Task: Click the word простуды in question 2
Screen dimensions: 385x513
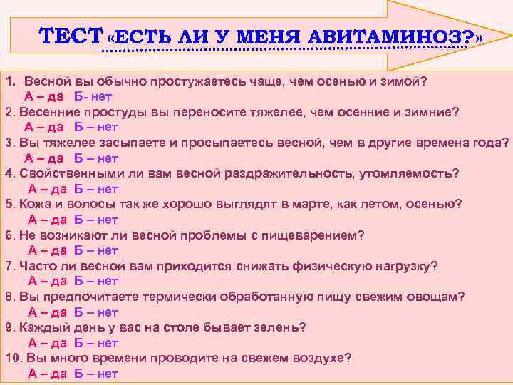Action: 118,112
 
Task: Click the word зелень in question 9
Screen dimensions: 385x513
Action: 279,327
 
